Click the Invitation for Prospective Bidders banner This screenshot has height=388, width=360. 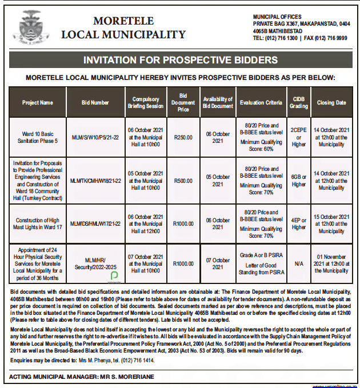point(180,60)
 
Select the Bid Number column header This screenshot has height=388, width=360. point(95,103)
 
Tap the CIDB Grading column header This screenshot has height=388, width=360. point(299,103)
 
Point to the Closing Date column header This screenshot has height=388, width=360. point(331,103)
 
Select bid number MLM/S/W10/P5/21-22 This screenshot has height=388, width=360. point(95,137)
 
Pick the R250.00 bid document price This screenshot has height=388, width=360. point(183,137)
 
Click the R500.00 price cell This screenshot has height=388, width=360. point(183,181)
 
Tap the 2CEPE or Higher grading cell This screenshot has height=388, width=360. point(299,137)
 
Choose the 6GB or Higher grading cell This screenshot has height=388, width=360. point(299,181)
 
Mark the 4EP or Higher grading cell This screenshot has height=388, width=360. point(299,223)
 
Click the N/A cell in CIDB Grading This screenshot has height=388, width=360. point(299,263)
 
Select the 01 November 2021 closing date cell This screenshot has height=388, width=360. point(331,263)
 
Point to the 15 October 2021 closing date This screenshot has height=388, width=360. point(331,223)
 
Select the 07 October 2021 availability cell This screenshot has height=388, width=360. point(218,263)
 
